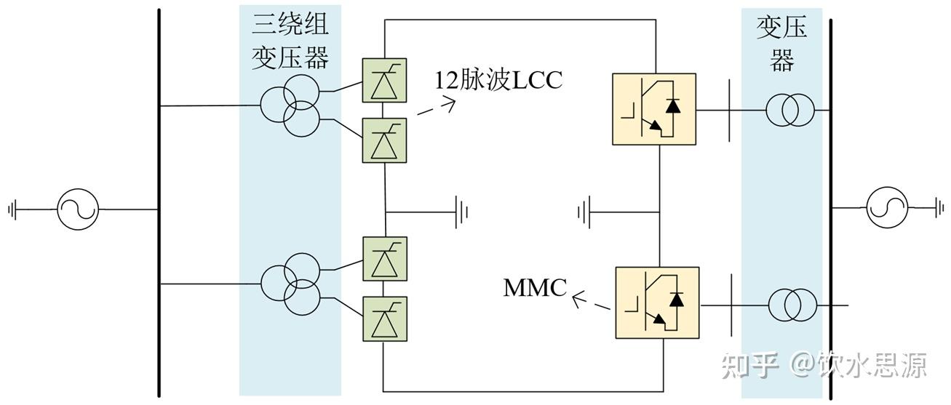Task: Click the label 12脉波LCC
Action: point(498,79)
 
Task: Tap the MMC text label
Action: point(535,288)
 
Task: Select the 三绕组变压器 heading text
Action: point(290,42)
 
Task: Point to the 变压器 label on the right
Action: point(782,43)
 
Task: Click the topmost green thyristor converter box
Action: point(385,79)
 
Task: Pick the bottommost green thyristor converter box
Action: point(385,318)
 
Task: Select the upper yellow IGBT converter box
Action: point(654,110)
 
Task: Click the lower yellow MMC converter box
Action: point(657,302)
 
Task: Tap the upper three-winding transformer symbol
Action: point(290,108)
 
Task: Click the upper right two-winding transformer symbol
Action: point(789,111)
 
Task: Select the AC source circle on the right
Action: point(887,208)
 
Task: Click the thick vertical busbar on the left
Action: point(159,204)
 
